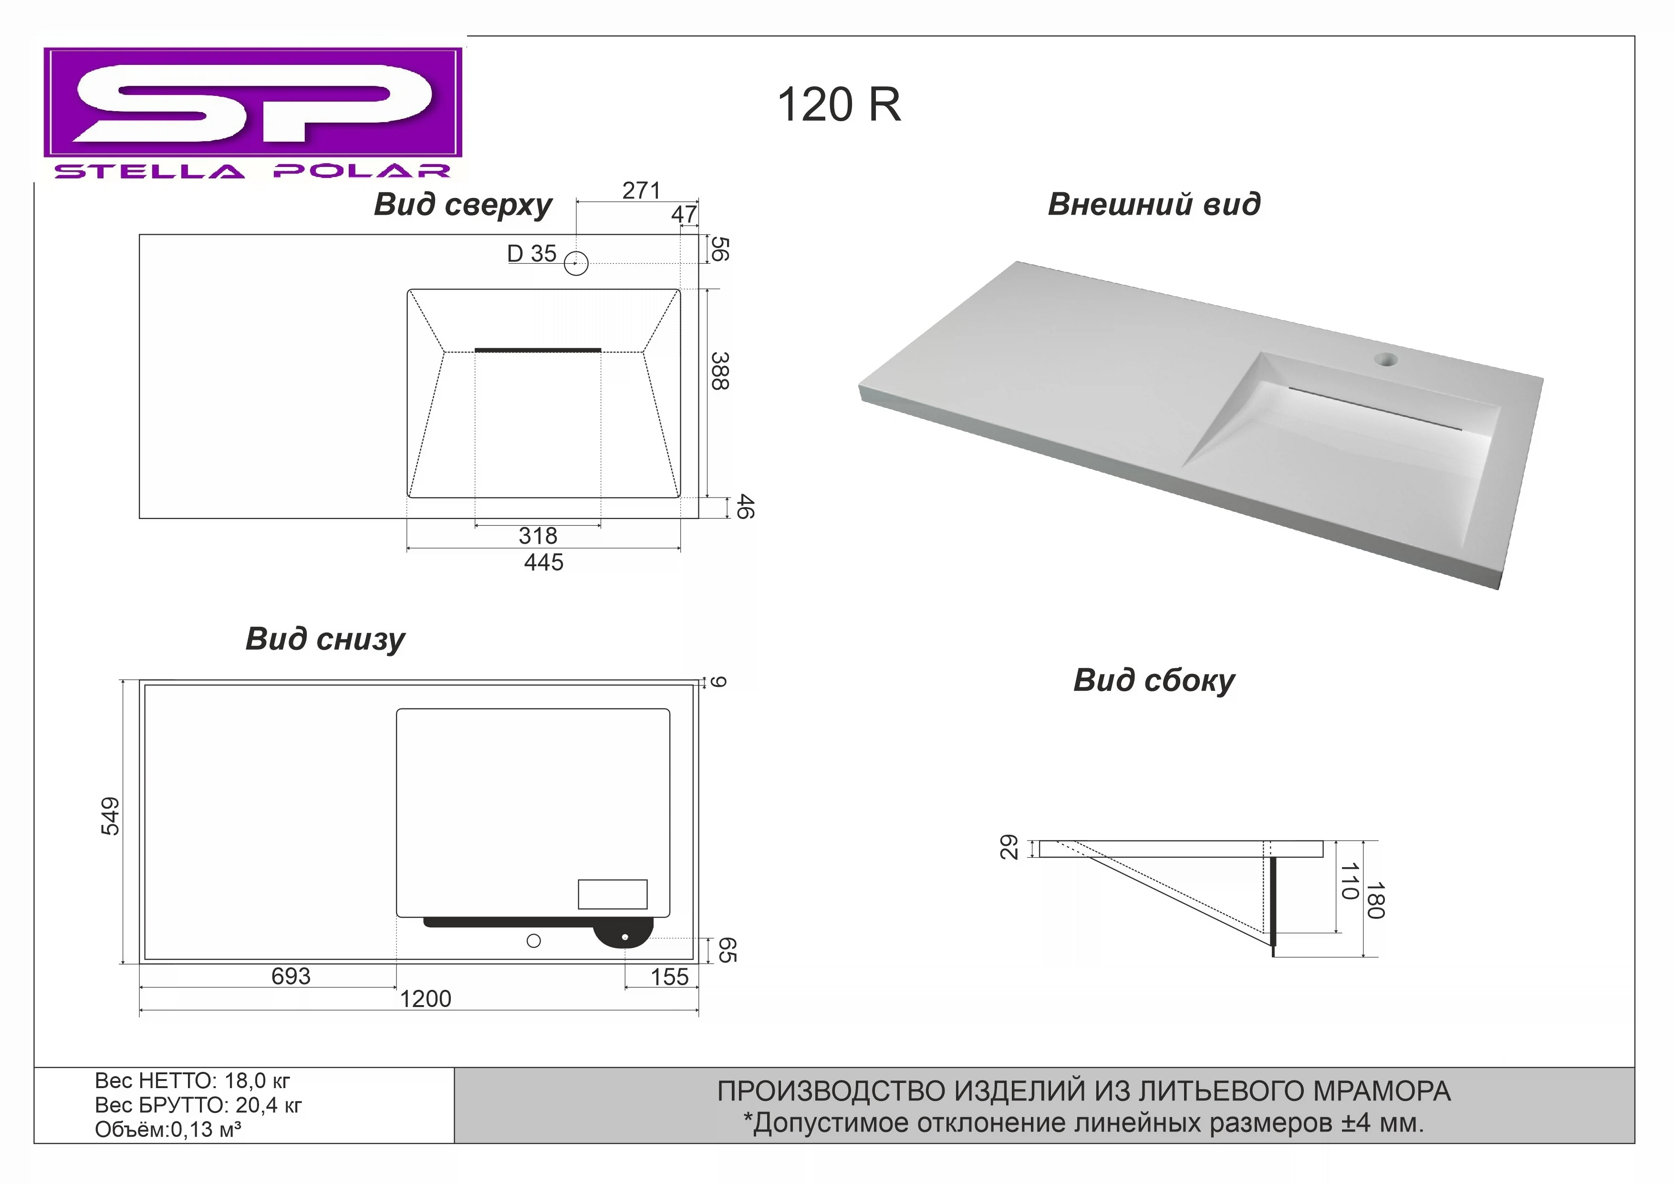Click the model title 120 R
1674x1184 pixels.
coord(839,104)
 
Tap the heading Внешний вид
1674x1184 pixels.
coord(1154,204)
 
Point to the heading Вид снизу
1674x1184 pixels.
coord(325,639)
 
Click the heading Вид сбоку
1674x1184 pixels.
coord(1154,680)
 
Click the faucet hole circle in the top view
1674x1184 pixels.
coord(576,263)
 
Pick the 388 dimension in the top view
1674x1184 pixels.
coord(719,371)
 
